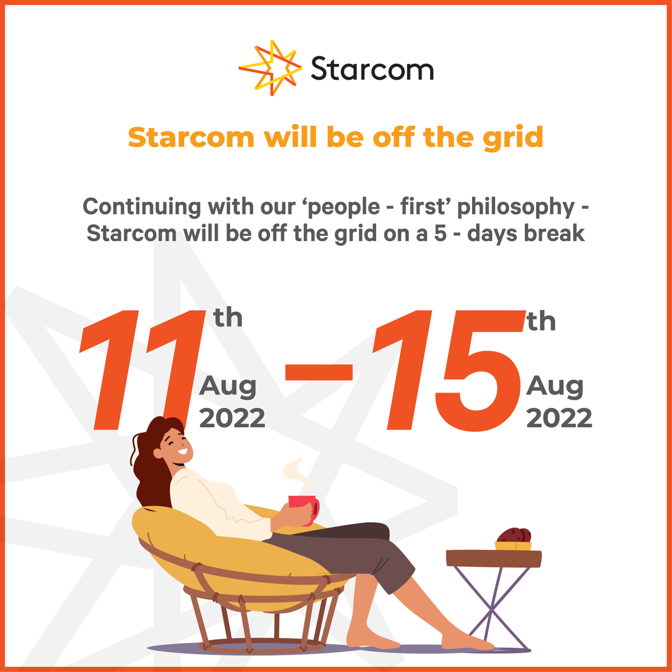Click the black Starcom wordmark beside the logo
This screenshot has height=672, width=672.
[372, 69]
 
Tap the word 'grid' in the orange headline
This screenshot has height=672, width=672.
[514, 138]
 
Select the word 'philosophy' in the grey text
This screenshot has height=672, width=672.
[516, 207]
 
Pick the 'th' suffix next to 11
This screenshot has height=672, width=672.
[228, 318]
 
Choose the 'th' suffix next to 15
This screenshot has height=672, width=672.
[541, 322]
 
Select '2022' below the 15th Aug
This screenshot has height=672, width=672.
[559, 418]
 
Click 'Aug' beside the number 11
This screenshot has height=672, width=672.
[228, 386]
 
